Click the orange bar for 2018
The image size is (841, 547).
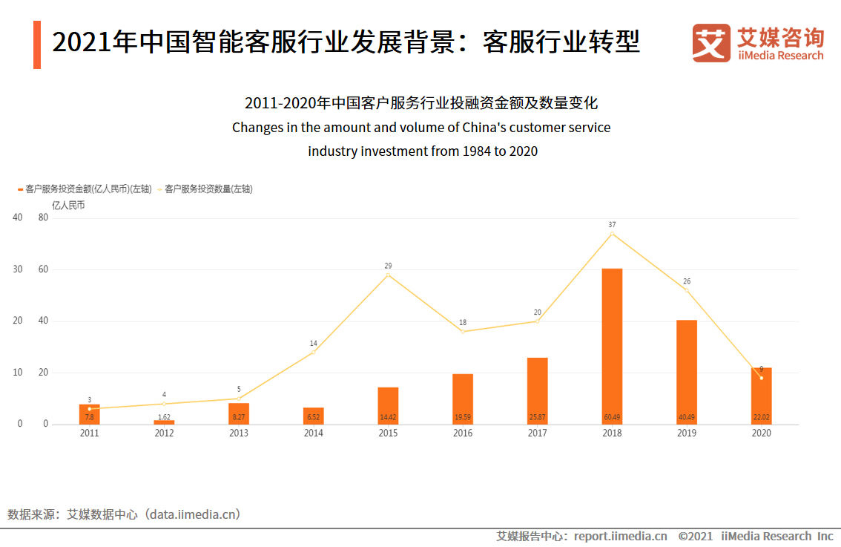click(612, 346)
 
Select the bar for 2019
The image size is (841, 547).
click(687, 371)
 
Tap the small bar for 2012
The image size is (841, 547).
click(164, 422)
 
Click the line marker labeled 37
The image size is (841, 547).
click(612, 234)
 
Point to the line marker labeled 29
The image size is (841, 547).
click(388, 275)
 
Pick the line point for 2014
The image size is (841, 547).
click(313, 352)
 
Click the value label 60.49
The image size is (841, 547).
click(612, 417)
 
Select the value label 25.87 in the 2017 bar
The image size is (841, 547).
click(537, 417)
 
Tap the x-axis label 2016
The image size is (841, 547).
click(463, 433)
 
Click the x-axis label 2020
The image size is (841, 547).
click(761, 433)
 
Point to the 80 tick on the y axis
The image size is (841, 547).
click(43, 217)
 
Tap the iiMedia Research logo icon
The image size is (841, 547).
click(711, 43)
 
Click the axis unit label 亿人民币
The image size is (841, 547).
click(68, 206)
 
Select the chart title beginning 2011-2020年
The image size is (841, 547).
click(421, 103)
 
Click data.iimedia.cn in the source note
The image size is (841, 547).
click(194, 514)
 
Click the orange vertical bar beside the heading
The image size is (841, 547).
click(37, 45)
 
